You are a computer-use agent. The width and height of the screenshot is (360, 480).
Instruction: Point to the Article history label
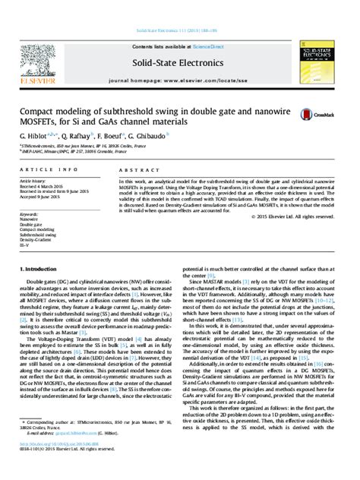[x=34, y=182]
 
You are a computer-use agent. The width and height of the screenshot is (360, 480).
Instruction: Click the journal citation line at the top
[x=179, y=31]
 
